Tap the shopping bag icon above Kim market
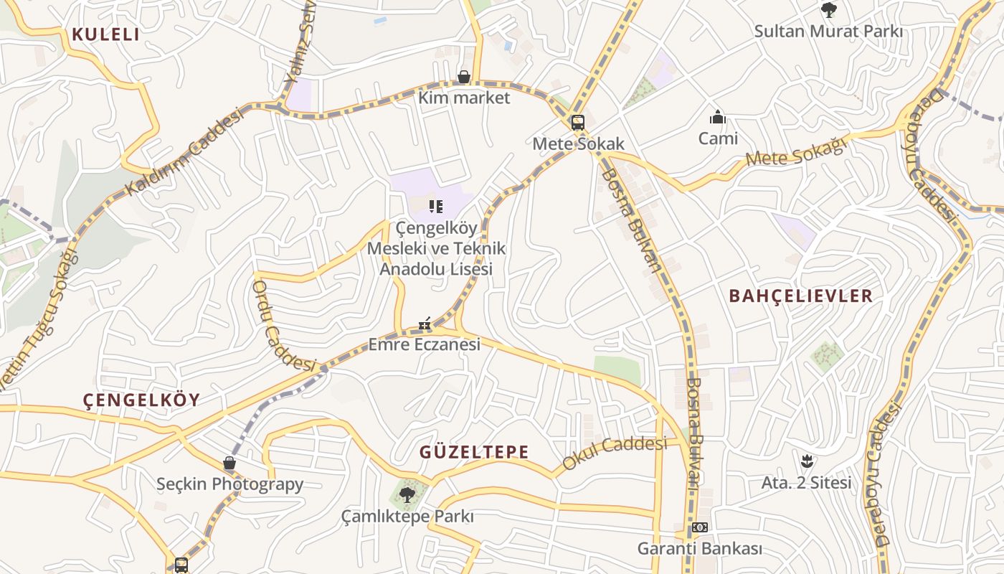pyautogui.click(x=464, y=77)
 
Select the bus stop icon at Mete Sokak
pyautogui.click(x=578, y=123)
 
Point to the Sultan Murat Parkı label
pyautogui.click(x=828, y=32)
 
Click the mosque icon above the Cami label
pyautogui.click(x=718, y=117)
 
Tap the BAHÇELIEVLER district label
pyautogui.click(x=800, y=296)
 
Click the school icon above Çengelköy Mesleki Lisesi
pyautogui.click(x=435, y=207)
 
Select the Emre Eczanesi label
pyautogui.click(x=424, y=344)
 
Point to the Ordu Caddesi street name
pyautogui.click(x=283, y=325)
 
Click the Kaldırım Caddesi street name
pyautogui.click(x=184, y=154)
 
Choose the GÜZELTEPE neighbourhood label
pyautogui.click(x=474, y=452)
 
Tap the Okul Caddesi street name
pyautogui.click(x=614, y=453)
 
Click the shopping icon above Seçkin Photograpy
pyautogui.click(x=229, y=464)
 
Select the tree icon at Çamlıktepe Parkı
pyautogui.click(x=407, y=494)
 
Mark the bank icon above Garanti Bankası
pyautogui.click(x=700, y=528)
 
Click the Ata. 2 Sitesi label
pyautogui.click(x=806, y=482)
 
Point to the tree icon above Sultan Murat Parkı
pyautogui.click(x=829, y=10)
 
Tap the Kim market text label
pyautogui.click(x=464, y=98)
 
